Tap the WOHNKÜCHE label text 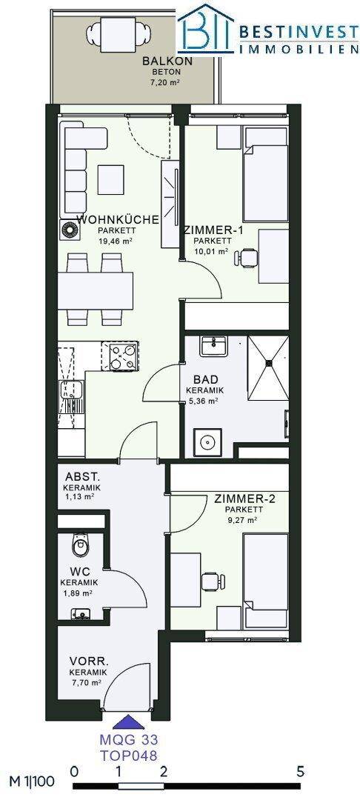point(118,221)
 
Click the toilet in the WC point(81,545)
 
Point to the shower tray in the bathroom point(267,368)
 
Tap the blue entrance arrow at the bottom point(125,721)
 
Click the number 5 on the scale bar point(300,771)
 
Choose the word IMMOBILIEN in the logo point(299,49)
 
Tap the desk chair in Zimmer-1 point(246,258)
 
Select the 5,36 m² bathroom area point(202,401)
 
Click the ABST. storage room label point(82,478)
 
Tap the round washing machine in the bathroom point(208,441)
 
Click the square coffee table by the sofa point(111,179)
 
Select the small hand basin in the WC point(79,614)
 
